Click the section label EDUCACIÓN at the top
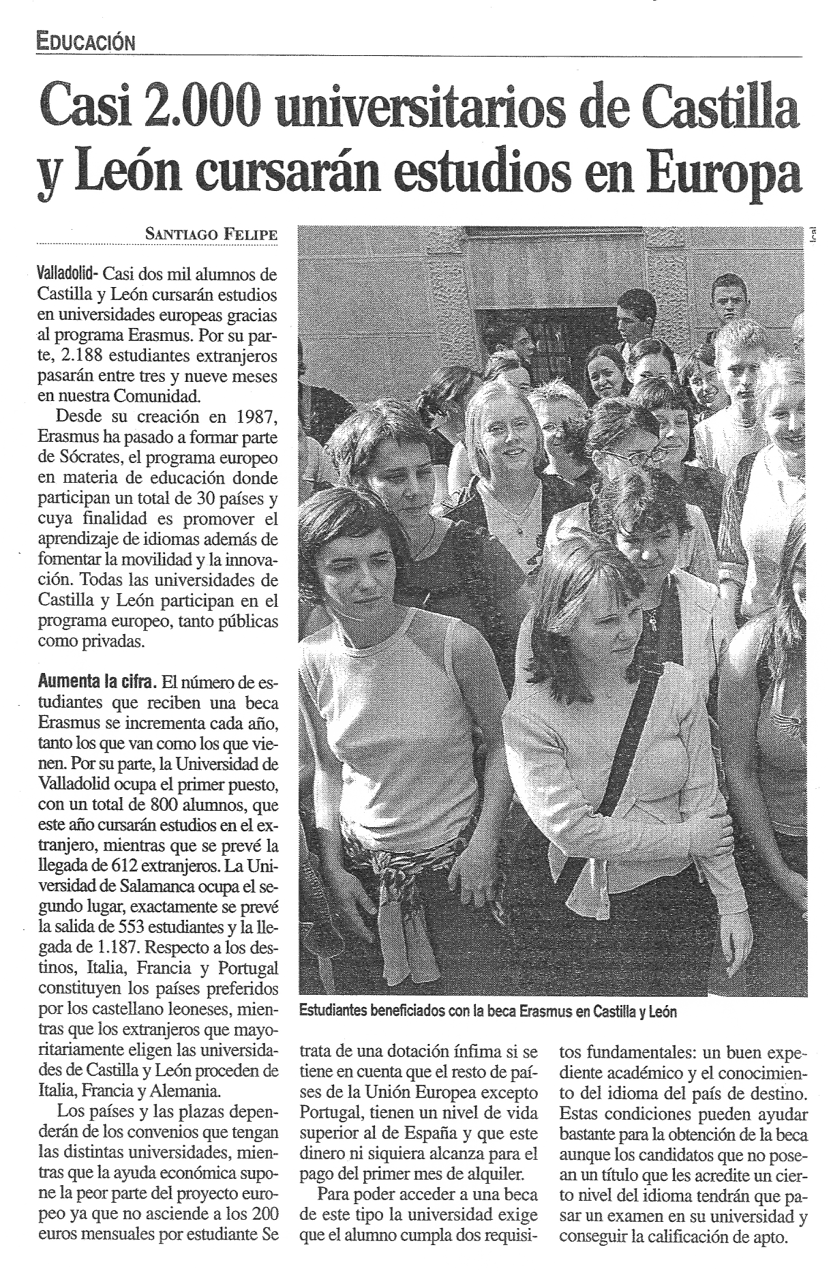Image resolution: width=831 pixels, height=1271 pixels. (x=87, y=42)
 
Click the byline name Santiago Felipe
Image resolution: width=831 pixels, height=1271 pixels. (x=211, y=234)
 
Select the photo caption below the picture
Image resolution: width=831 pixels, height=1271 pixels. (x=488, y=1011)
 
